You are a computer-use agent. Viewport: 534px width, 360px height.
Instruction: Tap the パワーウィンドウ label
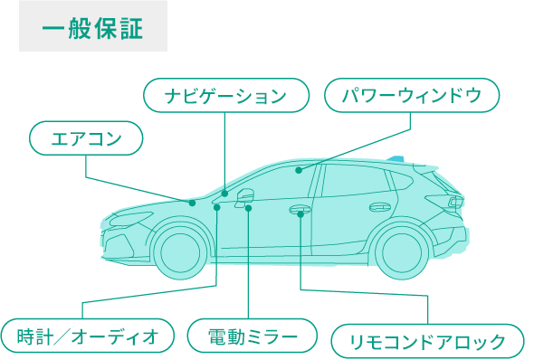tap(412, 95)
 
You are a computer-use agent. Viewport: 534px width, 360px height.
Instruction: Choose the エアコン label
tap(87, 138)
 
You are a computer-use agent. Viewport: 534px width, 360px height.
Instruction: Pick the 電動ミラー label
tap(253, 336)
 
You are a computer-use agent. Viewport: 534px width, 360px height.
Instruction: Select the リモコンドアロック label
tap(428, 341)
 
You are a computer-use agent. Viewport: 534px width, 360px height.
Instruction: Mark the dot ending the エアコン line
tap(193, 203)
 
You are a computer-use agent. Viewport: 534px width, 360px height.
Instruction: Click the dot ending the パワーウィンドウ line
tap(298, 169)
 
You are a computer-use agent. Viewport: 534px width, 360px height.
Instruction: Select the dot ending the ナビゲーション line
tap(224, 194)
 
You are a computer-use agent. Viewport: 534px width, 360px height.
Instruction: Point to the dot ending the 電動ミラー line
tap(248, 207)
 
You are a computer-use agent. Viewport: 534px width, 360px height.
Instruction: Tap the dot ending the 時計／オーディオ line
tap(217, 207)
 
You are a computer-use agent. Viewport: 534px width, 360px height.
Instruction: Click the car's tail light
tap(453, 202)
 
